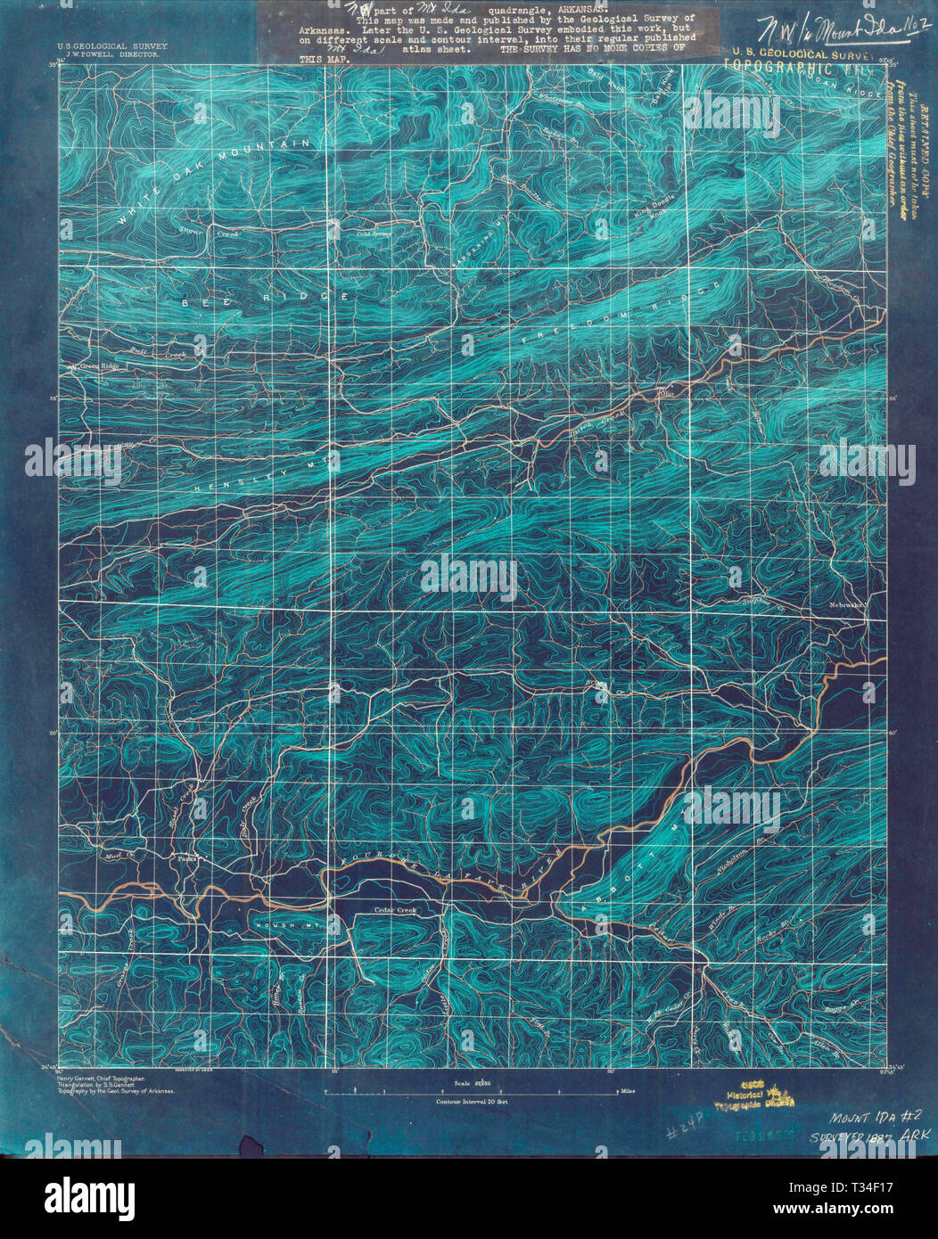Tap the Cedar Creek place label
pyautogui.click(x=395, y=910)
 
